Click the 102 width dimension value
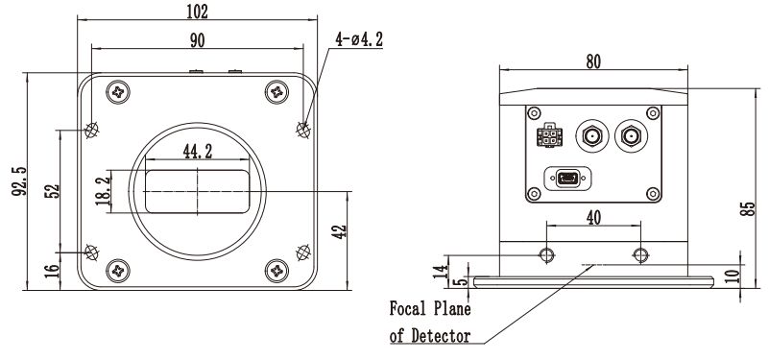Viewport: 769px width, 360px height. (x=197, y=12)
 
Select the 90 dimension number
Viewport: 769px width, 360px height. (x=197, y=40)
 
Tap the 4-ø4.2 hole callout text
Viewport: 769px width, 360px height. (x=358, y=39)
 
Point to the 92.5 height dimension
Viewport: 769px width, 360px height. (x=18, y=181)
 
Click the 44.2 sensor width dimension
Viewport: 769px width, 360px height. (x=198, y=152)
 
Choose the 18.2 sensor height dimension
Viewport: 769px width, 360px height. (x=103, y=191)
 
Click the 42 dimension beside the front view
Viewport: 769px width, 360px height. (x=340, y=231)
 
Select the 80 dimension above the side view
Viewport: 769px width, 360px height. (x=593, y=61)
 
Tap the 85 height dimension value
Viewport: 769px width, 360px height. (x=747, y=209)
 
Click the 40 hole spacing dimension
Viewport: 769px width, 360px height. (x=593, y=218)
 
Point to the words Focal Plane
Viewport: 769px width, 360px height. (x=430, y=309)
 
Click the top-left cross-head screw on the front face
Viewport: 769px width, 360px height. (x=118, y=92)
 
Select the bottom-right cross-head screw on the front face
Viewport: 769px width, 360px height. (x=277, y=271)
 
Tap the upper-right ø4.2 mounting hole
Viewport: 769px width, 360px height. (x=303, y=130)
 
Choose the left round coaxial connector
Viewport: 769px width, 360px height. (x=592, y=136)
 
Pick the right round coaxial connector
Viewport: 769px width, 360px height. (x=631, y=136)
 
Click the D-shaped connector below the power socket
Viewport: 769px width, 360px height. (x=567, y=179)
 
